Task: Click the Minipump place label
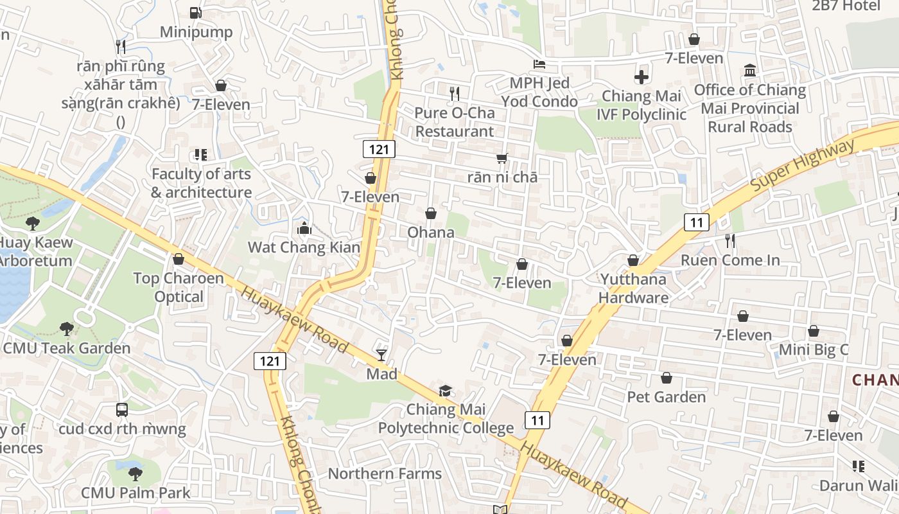196,31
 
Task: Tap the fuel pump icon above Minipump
196,12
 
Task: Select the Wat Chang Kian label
304,247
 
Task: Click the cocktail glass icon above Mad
381,355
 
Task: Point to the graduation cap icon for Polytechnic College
445,391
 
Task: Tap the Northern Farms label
385,474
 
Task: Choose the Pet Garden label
666,396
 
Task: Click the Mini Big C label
813,350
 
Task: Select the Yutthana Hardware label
633,288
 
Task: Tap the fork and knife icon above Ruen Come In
730,241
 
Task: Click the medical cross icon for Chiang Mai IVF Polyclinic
641,78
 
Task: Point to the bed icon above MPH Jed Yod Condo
539,64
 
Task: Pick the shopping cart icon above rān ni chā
502,158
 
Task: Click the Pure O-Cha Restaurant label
454,122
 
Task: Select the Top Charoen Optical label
179,287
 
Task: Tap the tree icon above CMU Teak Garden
66,329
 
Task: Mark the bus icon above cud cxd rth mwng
121,409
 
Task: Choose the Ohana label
431,232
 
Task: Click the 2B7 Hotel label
846,6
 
